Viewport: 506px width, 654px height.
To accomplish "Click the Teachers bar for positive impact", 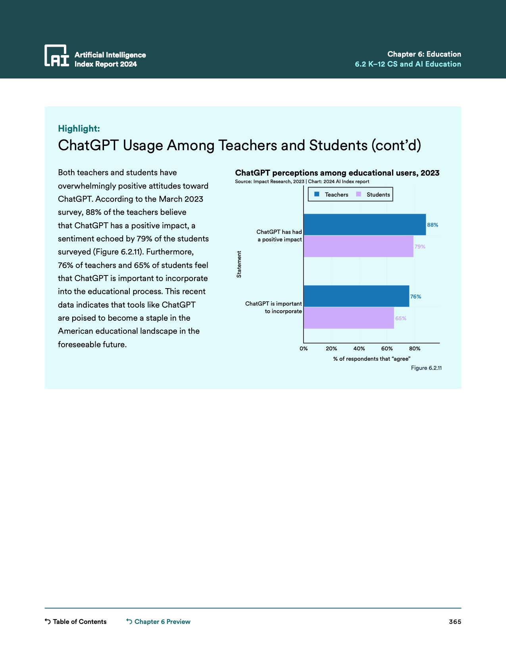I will click(x=364, y=225).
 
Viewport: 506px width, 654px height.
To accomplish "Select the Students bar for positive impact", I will click(x=358, y=247).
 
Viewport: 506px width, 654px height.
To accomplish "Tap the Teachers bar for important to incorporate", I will click(x=356, y=296).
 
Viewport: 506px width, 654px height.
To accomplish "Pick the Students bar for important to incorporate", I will click(x=348, y=318).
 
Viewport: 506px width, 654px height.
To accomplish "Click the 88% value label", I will click(x=433, y=225).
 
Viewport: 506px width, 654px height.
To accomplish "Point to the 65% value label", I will click(x=401, y=318).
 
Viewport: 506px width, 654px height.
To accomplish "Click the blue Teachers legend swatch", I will click(x=317, y=194).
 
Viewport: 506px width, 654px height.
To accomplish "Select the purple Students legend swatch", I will click(x=359, y=194).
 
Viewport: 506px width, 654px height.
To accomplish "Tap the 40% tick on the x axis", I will click(x=359, y=348).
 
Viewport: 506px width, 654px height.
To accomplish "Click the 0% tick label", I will click(x=304, y=348).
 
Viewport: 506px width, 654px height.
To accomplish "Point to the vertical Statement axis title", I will click(x=239, y=264).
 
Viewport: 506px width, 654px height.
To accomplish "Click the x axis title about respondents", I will click(x=371, y=359).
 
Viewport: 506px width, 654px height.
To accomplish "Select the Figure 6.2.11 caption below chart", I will click(x=426, y=368).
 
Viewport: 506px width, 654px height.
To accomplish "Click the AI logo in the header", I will click(x=57, y=55).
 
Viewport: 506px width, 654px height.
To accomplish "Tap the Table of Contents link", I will click(x=79, y=621).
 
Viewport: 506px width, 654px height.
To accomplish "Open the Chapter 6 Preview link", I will click(x=162, y=621).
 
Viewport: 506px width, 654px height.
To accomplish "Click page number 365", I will click(x=455, y=621).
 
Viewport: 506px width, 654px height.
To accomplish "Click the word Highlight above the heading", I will click(x=79, y=128).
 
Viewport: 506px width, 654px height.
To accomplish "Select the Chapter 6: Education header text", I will click(x=424, y=54).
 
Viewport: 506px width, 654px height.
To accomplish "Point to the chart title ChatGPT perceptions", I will click(x=337, y=173).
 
